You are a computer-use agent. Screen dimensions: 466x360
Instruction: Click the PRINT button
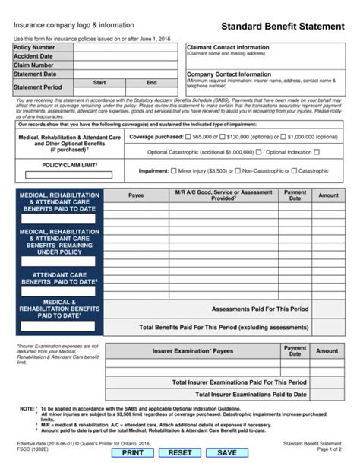pyautogui.click(x=133, y=453)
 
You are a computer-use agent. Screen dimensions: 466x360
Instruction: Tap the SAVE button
pyautogui.click(x=227, y=453)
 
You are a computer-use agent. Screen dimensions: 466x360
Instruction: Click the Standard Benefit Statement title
pyautogui.click(x=283, y=26)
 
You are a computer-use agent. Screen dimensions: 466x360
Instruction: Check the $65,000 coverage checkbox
pyautogui.click(x=188, y=137)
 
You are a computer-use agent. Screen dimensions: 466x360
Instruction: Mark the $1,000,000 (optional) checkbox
pyautogui.click(x=283, y=137)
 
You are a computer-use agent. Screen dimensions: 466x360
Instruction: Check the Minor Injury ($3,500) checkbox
pyautogui.click(x=172, y=171)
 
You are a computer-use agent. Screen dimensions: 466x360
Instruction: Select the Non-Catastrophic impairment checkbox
pyautogui.click(x=237, y=171)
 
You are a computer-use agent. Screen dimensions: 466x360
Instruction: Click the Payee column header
pyautogui.click(x=136, y=195)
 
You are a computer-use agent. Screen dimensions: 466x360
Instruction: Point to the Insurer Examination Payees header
pyautogui.click(x=193, y=351)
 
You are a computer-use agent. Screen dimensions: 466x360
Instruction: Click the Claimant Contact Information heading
pyautogui.click(x=228, y=47)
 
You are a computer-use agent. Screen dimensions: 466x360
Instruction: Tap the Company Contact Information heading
pyautogui.click(x=228, y=74)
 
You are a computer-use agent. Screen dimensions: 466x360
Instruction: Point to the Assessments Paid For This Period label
pyautogui.click(x=260, y=309)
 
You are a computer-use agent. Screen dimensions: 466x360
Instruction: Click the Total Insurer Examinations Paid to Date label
pyautogui.click(x=251, y=395)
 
